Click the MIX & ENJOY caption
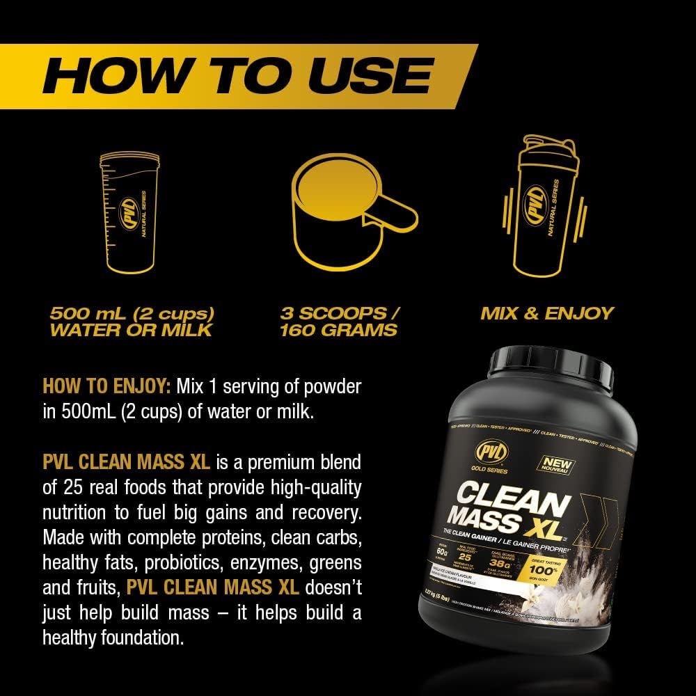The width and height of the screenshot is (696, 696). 546,313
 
